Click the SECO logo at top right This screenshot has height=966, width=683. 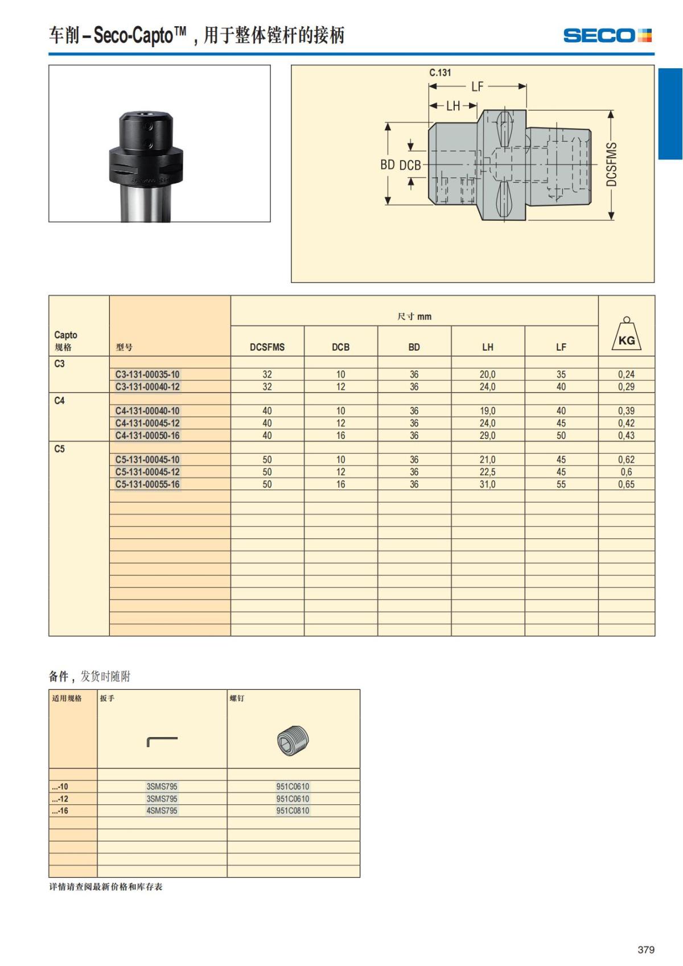coord(607,35)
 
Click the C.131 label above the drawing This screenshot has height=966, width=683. coord(440,73)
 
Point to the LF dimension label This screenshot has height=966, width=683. coord(477,87)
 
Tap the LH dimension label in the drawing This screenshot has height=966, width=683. coord(453,106)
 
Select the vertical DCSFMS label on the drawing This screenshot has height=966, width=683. coord(611,165)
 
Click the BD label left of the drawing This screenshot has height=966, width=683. coord(388,165)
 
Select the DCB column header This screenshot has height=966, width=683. coord(340,347)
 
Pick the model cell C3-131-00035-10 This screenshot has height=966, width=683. coord(147,375)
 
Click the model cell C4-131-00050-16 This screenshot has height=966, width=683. coord(147,435)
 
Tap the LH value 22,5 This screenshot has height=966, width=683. coord(487,472)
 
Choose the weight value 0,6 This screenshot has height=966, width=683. coord(626,472)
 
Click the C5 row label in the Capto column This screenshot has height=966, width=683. coord(60,449)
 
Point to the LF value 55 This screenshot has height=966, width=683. coord(561,484)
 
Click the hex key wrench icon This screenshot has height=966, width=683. coord(162,741)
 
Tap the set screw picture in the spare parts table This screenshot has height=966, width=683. coord(293,741)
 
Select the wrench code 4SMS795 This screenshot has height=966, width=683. coord(162,811)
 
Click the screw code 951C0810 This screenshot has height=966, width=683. coord(293,811)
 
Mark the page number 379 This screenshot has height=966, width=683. coord(645,949)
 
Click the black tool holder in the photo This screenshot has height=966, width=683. coord(146,154)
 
